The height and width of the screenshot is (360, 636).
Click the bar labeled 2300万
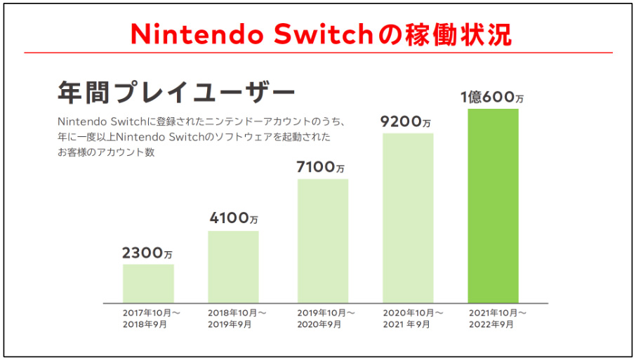point(148,284)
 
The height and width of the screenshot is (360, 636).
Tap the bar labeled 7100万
point(323,241)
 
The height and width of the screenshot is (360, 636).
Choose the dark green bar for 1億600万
point(493,206)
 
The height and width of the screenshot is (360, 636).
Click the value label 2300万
point(147,253)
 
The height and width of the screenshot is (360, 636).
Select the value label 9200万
point(406,121)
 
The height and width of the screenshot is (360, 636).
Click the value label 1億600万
point(493,98)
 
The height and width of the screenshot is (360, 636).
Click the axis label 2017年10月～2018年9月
point(152,318)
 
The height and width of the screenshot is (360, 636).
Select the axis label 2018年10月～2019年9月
point(237,318)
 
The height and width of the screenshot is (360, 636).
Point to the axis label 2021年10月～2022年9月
point(497,318)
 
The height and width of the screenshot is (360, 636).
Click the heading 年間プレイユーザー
point(175,92)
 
